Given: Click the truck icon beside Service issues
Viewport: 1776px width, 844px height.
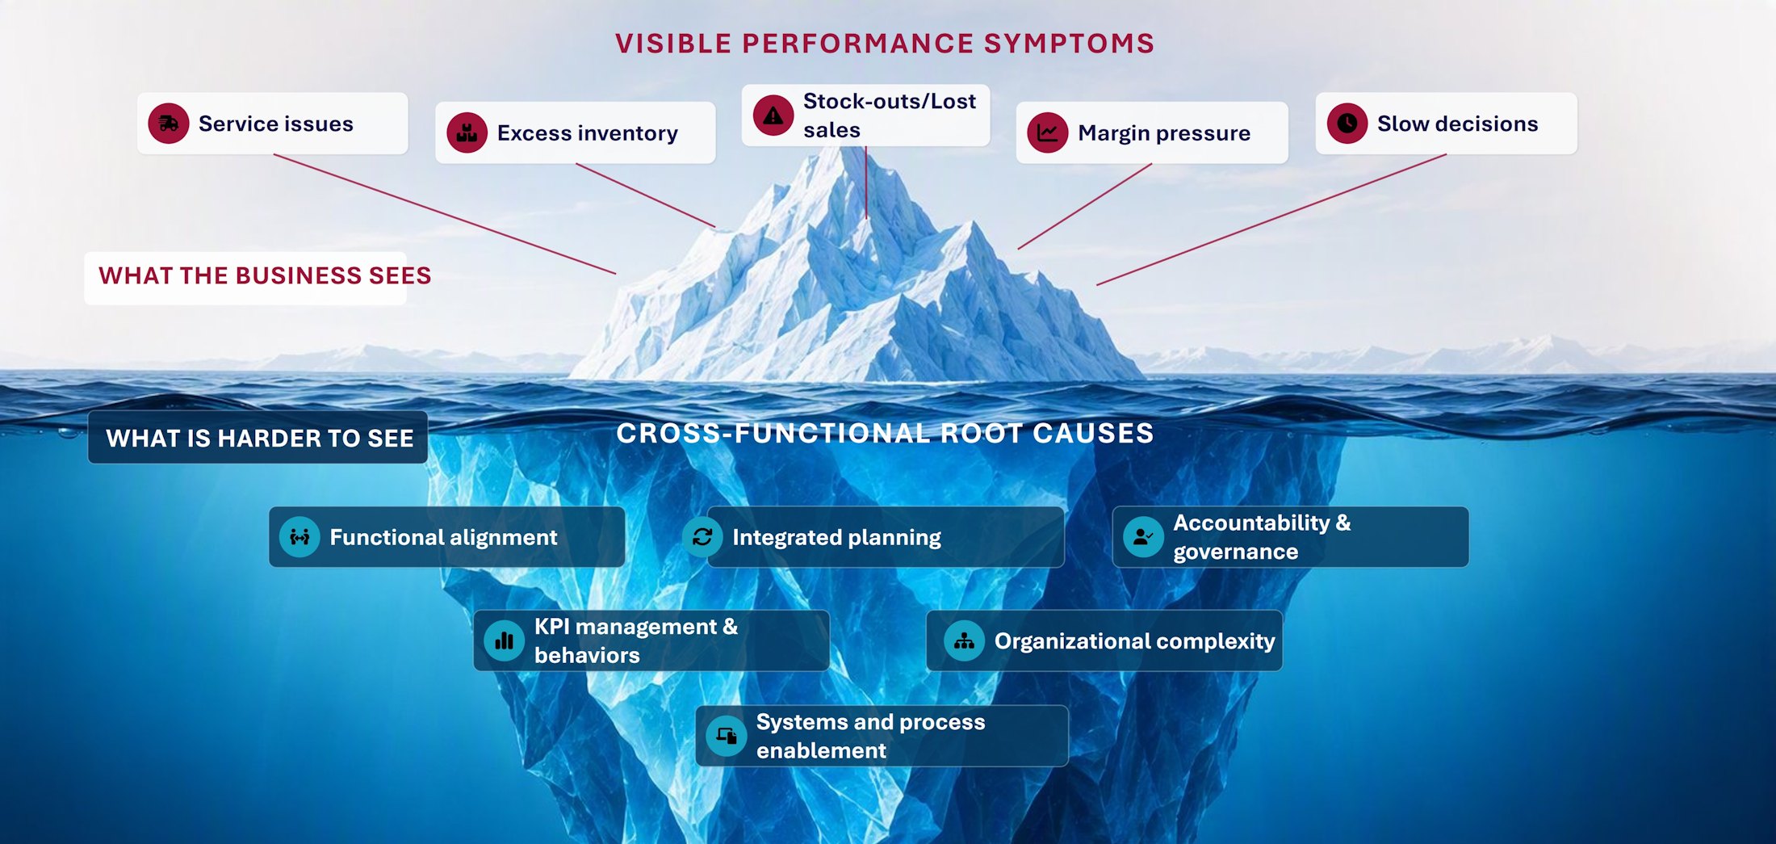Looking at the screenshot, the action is click(168, 124).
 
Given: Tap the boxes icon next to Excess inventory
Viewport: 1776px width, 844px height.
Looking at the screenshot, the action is click(467, 132).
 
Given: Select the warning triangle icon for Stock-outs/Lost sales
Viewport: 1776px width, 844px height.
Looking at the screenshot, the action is click(773, 115).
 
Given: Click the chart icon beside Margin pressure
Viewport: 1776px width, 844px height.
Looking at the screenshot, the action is click(1048, 132).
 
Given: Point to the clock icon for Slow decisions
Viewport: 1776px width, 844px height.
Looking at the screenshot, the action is click(1347, 124).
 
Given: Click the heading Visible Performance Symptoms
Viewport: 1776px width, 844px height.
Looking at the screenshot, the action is click(885, 44).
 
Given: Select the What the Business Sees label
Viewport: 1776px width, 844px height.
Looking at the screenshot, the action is click(265, 276).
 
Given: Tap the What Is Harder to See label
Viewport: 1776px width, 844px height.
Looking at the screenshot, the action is click(259, 439).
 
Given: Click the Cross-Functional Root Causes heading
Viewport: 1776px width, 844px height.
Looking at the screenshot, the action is click(885, 434).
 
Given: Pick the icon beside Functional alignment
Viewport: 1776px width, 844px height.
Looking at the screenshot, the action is click(299, 537).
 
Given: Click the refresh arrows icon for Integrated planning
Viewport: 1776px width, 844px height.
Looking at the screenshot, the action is click(702, 537).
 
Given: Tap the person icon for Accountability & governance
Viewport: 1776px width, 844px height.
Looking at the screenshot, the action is click(1143, 537).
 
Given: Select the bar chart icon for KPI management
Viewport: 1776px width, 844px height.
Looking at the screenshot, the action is click(504, 640).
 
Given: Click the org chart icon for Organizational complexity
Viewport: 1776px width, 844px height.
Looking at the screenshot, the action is click(964, 640).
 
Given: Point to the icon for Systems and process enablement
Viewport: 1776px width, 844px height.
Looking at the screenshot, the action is click(726, 736).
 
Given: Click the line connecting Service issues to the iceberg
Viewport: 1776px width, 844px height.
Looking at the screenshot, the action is click(445, 214).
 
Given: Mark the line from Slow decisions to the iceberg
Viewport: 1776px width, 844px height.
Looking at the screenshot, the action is click(1271, 220).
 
